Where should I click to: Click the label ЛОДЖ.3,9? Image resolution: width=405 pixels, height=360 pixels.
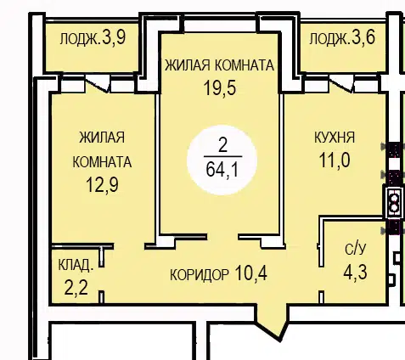pyautogui.click(x=93, y=38)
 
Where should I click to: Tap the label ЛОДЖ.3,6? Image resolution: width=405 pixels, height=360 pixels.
pyautogui.click(x=342, y=38)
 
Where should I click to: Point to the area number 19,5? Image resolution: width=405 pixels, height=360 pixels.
pyautogui.click(x=220, y=88)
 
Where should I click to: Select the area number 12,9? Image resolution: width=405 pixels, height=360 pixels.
pyautogui.click(x=102, y=185)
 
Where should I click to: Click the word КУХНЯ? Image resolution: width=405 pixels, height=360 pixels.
pyautogui.click(x=335, y=138)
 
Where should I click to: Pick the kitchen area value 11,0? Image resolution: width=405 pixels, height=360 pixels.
pyautogui.click(x=335, y=160)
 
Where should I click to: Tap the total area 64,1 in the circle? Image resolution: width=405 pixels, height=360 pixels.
pyautogui.click(x=222, y=170)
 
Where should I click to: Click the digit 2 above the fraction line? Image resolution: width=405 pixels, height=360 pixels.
pyautogui.click(x=223, y=146)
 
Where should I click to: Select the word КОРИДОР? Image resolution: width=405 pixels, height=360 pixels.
pyautogui.click(x=200, y=274)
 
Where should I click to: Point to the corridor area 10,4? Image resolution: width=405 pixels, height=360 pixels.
pyautogui.click(x=250, y=273)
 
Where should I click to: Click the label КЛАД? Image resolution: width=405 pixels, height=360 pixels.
pyautogui.click(x=76, y=266)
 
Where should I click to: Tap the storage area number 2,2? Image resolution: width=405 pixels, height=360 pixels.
pyautogui.click(x=76, y=289)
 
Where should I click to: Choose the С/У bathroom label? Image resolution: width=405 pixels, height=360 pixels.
pyautogui.click(x=356, y=250)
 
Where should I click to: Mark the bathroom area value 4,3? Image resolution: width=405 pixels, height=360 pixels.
pyautogui.click(x=356, y=272)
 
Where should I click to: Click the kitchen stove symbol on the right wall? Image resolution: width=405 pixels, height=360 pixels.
pyautogui.click(x=393, y=201)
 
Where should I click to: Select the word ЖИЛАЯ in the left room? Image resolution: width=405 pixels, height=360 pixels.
pyautogui.click(x=102, y=138)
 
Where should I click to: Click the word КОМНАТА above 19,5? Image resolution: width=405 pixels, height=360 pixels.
pyautogui.click(x=245, y=65)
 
